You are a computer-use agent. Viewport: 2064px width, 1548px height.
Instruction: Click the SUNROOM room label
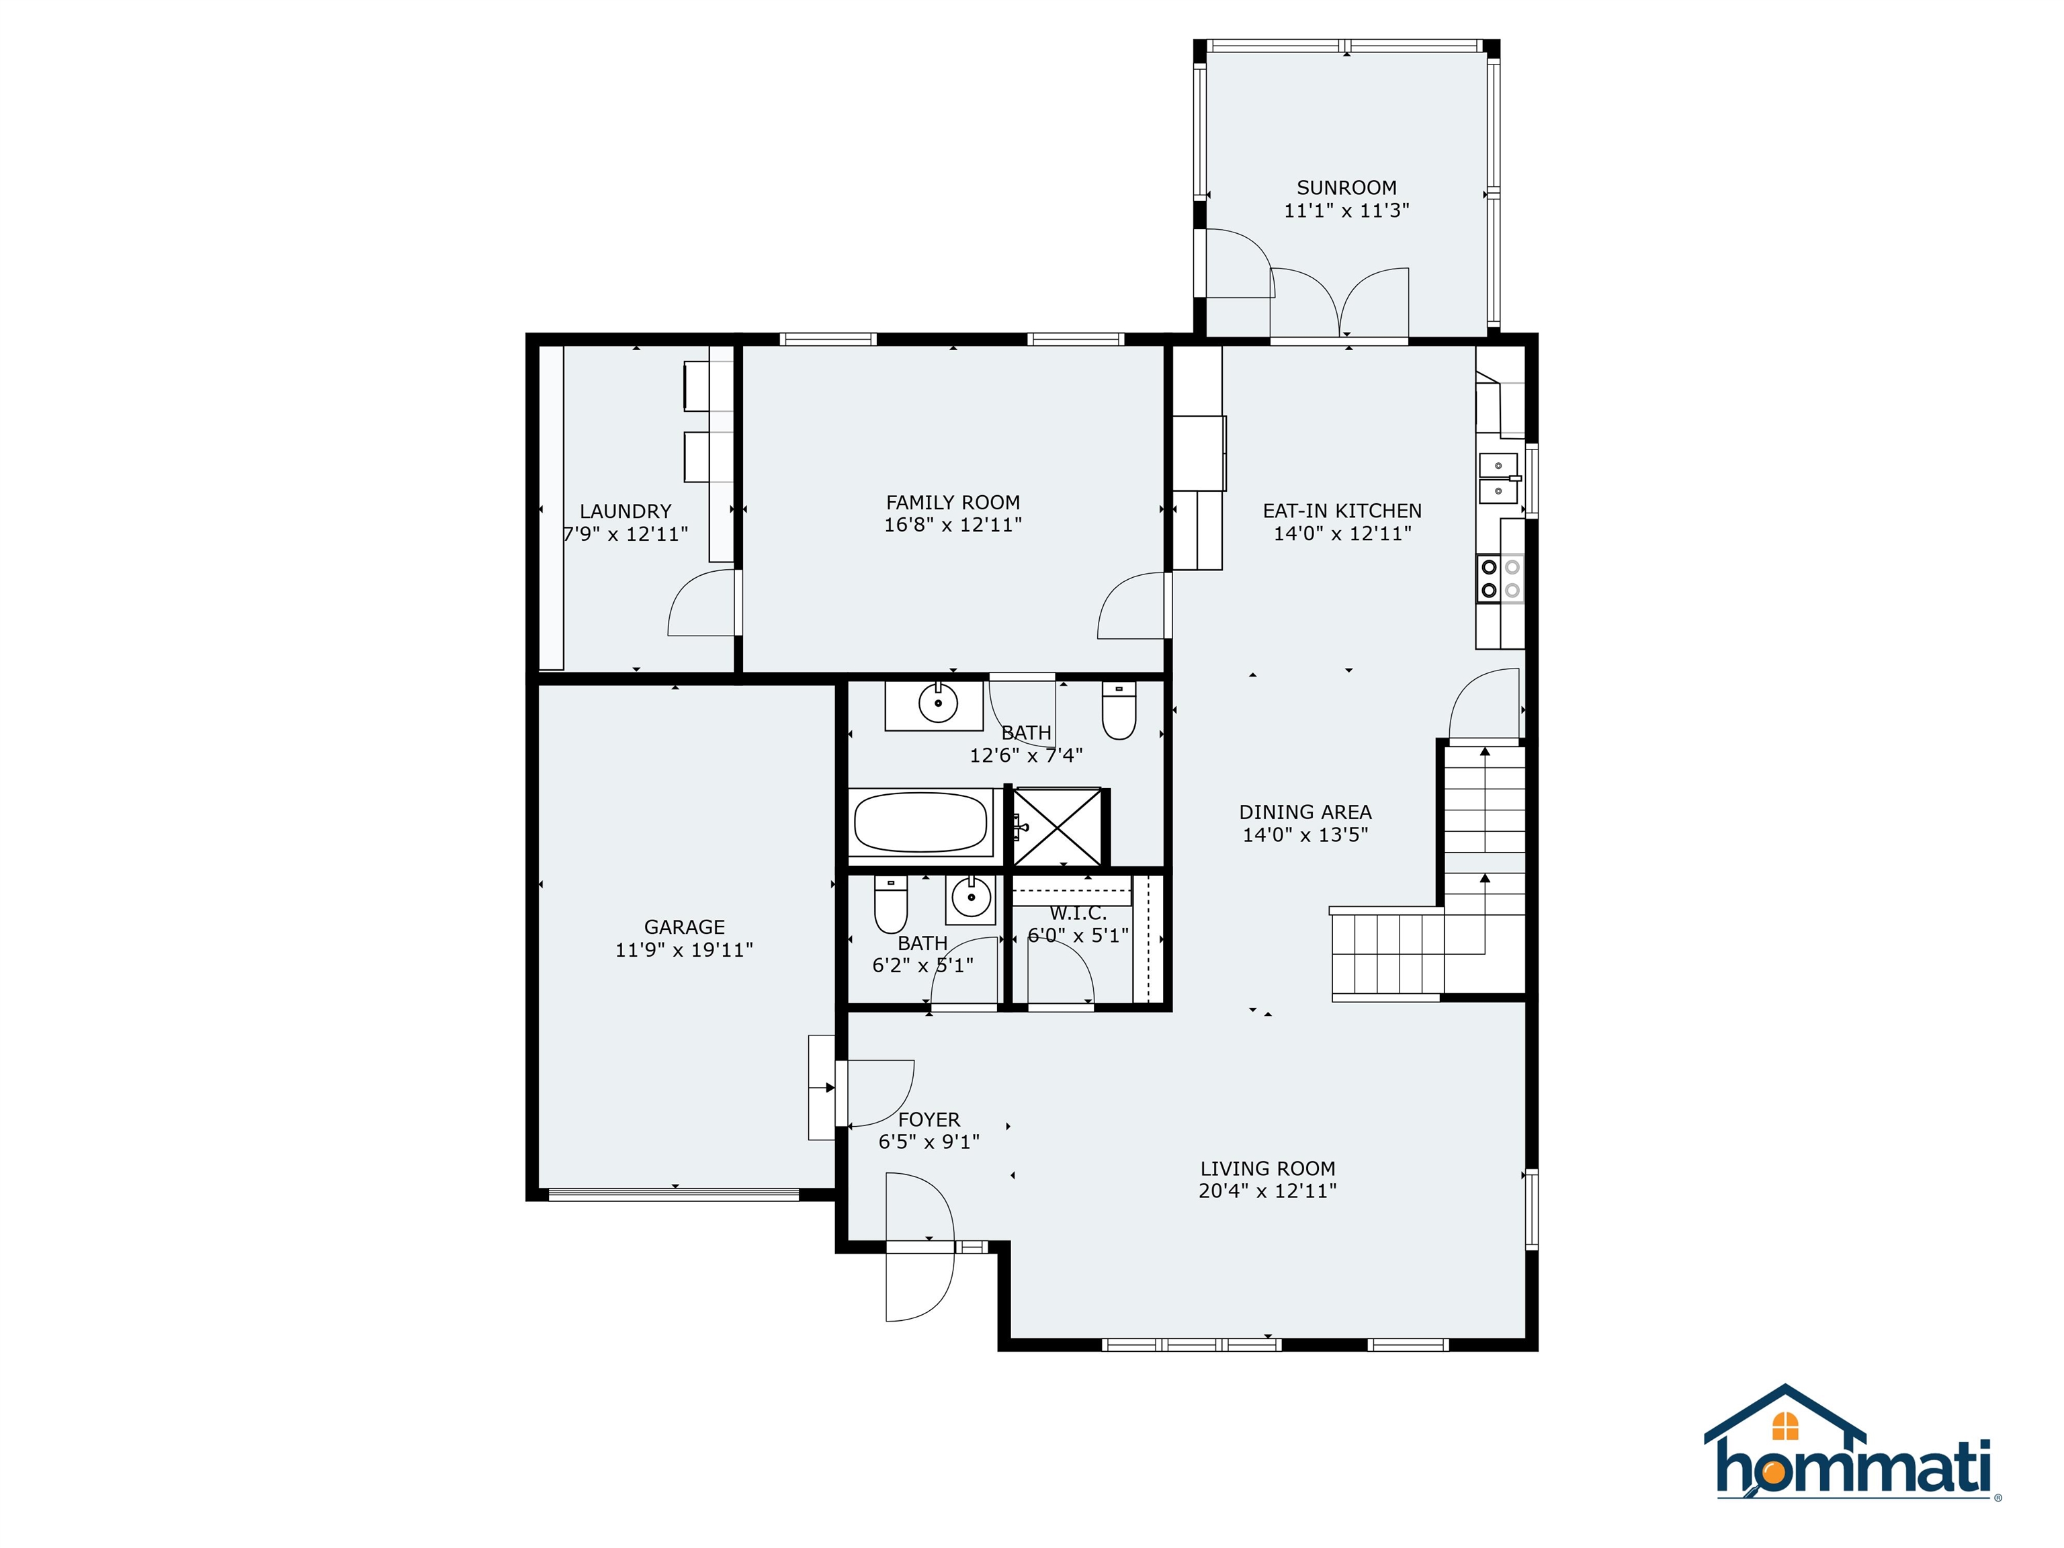pyautogui.click(x=1346, y=187)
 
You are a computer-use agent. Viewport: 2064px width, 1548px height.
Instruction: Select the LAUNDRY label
pyautogui.click(x=625, y=511)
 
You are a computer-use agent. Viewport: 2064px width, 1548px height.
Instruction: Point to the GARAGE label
pyautogui.click(x=684, y=927)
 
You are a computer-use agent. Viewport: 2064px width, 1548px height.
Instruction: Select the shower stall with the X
pyautogui.click(x=1057, y=826)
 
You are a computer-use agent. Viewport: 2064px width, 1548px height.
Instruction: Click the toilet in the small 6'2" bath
pyautogui.click(x=890, y=904)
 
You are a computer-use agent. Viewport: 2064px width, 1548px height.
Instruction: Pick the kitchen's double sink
pyautogui.click(x=1497, y=478)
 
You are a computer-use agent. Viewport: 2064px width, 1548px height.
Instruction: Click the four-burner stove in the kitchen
pyautogui.click(x=1500, y=578)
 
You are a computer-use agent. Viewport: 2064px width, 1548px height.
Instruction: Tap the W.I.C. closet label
pyautogui.click(x=1078, y=912)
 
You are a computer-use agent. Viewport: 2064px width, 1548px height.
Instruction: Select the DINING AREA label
pyautogui.click(x=1305, y=812)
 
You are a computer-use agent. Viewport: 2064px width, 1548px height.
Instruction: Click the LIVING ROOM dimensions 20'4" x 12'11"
pyautogui.click(x=1266, y=1191)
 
